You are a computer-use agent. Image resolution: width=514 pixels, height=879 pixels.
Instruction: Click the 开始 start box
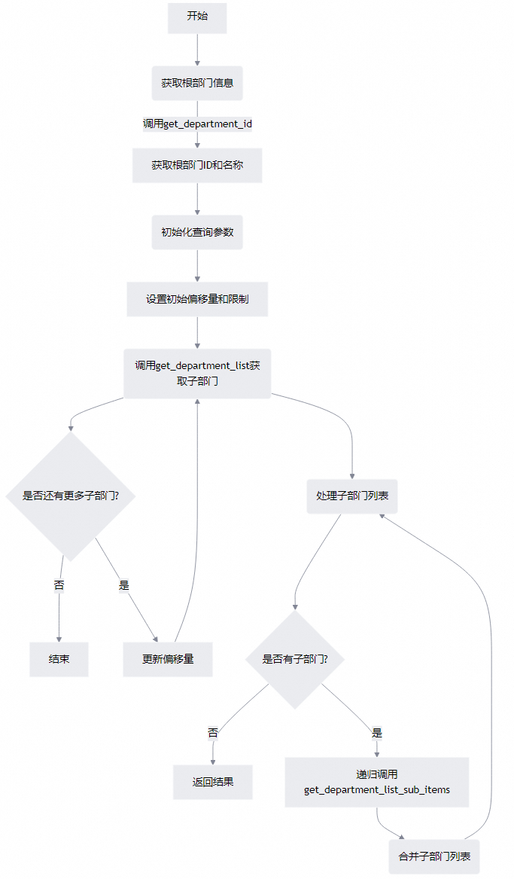click(197, 16)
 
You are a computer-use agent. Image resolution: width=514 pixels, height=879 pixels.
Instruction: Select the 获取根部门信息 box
click(197, 83)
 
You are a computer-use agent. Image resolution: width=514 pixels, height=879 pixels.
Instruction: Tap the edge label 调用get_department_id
click(197, 124)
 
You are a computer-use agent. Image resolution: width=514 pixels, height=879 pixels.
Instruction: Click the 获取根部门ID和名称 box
click(197, 165)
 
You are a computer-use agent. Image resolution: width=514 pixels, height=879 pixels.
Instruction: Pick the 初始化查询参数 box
click(197, 232)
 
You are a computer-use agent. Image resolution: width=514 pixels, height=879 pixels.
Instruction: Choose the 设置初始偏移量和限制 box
click(197, 299)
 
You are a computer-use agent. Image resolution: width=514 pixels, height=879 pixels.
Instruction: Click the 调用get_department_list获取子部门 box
click(197, 374)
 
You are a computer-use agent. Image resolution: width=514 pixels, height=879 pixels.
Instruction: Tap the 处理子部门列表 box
click(352, 496)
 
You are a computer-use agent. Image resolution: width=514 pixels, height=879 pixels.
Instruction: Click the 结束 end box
click(59, 659)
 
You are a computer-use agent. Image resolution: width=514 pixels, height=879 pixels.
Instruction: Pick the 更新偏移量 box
click(168, 659)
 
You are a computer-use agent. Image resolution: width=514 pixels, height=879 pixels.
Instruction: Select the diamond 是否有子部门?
click(294, 659)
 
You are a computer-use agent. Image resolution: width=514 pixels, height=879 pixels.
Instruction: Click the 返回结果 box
click(213, 782)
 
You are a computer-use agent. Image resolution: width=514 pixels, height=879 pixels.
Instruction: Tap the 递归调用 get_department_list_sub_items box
click(377, 782)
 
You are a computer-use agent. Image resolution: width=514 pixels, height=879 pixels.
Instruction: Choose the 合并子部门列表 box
click(434, 856)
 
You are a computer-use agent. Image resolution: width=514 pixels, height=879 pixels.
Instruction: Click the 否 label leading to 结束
click(59, 584)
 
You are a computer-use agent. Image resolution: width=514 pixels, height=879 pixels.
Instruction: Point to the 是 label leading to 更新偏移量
click(124, 584)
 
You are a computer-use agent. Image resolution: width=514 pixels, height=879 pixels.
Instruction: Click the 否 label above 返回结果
click(213, 732)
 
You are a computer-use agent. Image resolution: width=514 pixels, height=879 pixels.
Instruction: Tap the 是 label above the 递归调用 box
click(377, 732)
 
